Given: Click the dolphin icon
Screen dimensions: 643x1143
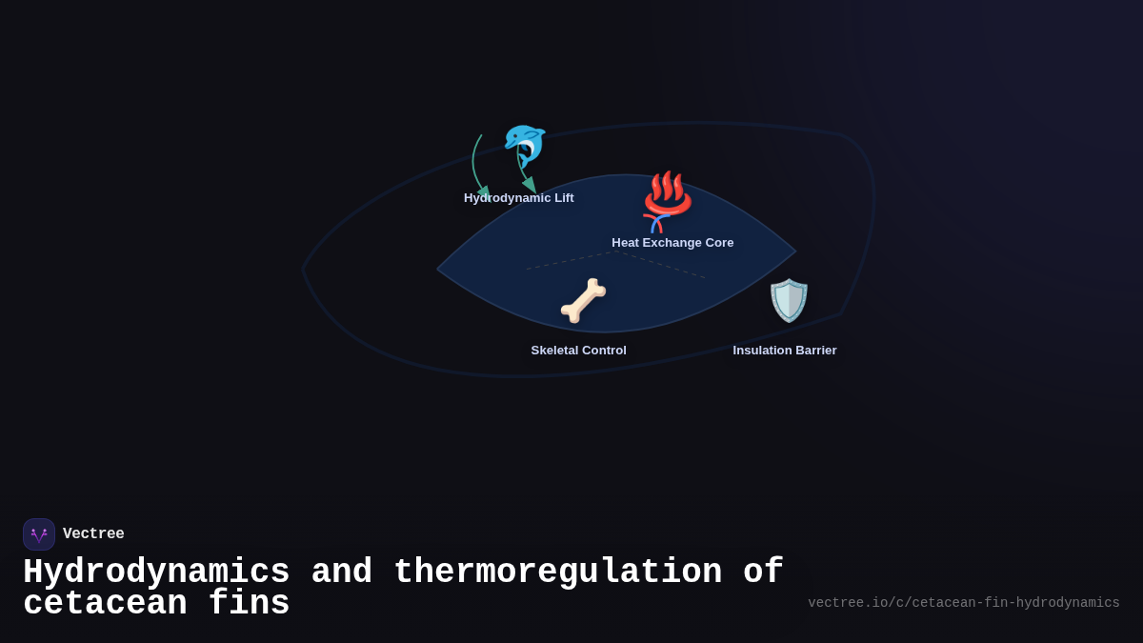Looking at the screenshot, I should (524, 145).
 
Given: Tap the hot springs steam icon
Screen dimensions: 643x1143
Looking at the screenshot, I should (668, 192).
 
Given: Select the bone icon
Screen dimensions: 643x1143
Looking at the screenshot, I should (583, 300).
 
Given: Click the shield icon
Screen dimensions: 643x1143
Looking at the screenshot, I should (789, 300).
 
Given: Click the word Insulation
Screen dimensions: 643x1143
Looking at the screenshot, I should (762, 351).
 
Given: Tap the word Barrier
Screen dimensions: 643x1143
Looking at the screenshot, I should (815, 351).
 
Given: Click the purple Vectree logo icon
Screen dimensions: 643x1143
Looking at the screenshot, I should (39, 534).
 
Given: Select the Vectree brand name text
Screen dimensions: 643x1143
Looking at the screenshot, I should (93, 534).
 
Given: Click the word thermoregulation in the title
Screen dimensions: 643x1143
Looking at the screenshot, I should (557, 573).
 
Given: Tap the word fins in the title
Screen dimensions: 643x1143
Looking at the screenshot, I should (249, 604).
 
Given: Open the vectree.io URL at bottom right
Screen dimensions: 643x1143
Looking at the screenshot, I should (963, 603).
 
